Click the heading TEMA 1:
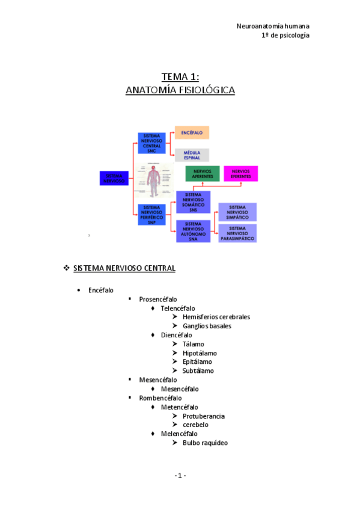coord(180,76)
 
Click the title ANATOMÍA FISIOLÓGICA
coord(180,90)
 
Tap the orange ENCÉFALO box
coord(192,132)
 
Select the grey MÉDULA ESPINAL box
coord(192,155)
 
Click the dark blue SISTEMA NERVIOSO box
coord(114,178)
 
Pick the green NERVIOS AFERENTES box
coord(203,174)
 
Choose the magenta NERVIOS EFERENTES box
coord(240,174)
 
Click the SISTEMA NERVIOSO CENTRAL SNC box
coord(151,143)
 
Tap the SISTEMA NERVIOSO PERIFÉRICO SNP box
coord(151,214)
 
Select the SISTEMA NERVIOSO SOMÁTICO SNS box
coord(193,201)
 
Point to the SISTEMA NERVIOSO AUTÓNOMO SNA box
coord(193,231)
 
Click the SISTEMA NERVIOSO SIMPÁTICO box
coord(237,212)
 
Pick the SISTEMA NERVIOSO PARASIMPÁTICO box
coord(237,233)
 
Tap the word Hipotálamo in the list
coord(200,353)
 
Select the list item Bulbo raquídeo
coord(205,443)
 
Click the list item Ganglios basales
coord(207,326)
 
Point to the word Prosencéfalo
coord(158,299)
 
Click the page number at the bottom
coord(180,476)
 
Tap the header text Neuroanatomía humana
coord(273,26)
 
